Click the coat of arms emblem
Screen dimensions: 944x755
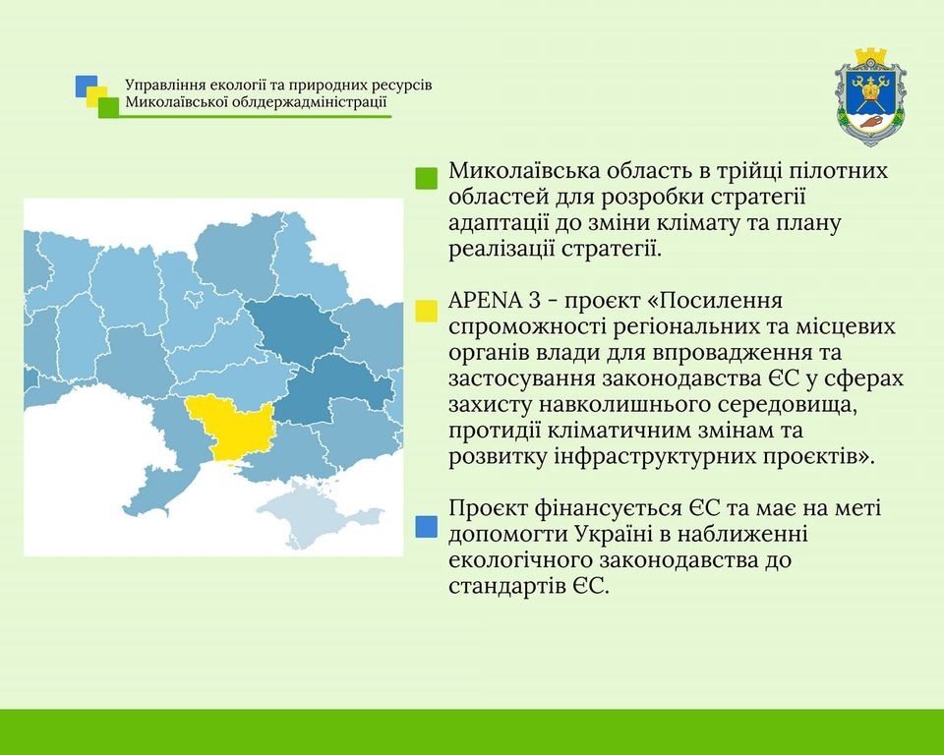870,98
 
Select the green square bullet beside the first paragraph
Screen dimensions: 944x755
426,178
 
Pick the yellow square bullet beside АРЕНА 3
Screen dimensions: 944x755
426,311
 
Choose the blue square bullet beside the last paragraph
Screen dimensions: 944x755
426,526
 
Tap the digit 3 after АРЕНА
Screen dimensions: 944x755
534,301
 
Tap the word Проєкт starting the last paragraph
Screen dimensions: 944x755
488,509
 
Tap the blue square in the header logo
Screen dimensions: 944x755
87,86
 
